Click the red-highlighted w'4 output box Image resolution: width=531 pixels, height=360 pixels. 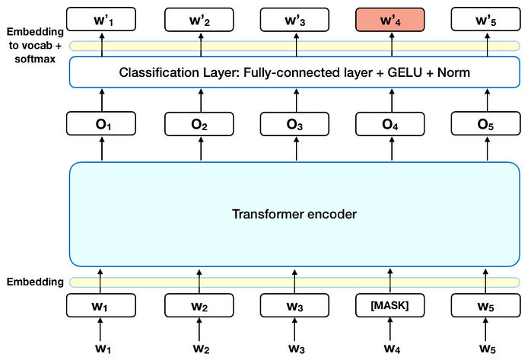coord(390,18)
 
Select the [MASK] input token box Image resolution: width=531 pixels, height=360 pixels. coord(390,306)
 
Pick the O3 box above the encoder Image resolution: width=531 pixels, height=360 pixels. coord(295,123)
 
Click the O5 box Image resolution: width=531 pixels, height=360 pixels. coord(485,123)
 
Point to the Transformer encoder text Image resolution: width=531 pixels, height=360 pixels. coord(294,214)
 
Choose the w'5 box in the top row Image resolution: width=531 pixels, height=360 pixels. coord(485,18)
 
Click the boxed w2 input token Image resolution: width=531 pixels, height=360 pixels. coord(200,306)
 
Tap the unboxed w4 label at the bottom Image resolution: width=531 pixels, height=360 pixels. coord(390,349)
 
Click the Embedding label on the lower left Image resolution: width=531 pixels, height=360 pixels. coord(35,282)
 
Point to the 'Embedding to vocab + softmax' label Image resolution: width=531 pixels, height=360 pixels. coord(31,45)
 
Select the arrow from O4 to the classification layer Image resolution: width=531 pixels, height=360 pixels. coord(390,100)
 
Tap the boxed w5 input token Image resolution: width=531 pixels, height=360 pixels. coord(485,306)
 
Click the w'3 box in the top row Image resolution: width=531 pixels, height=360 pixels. coord(295,18)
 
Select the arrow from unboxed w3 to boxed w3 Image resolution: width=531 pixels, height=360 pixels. coord(295,330)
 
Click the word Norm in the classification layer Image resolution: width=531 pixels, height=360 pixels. coord(448,74)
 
